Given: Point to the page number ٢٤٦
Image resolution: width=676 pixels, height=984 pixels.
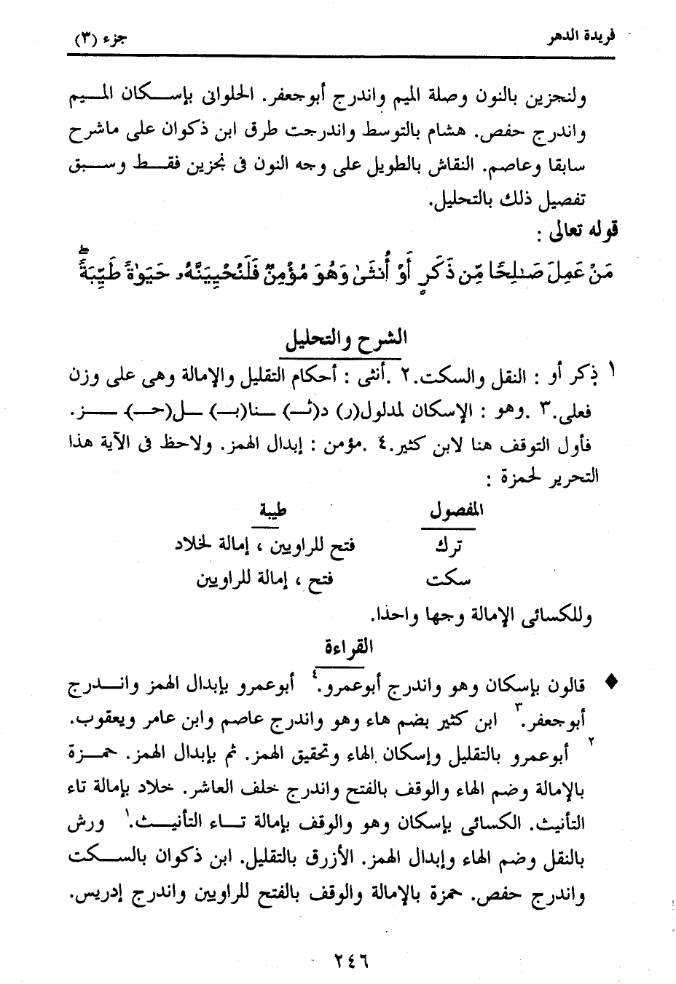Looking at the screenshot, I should tap(342, 961).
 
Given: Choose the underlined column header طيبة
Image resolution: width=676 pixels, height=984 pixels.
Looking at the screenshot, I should tap(273, 510).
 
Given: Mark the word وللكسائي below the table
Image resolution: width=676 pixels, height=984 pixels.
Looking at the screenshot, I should tap(560, 616).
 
